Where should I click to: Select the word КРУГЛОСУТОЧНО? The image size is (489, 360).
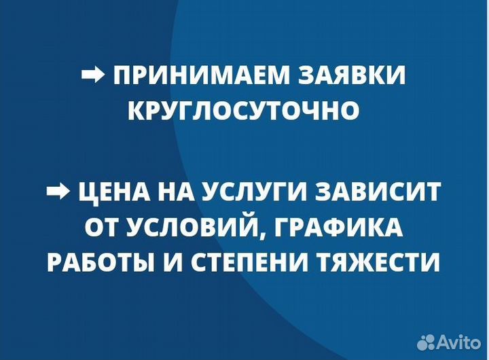pyautogui.click(x=244, y=110)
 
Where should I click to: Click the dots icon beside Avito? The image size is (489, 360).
pyautogui.click(x=427, y=341)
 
